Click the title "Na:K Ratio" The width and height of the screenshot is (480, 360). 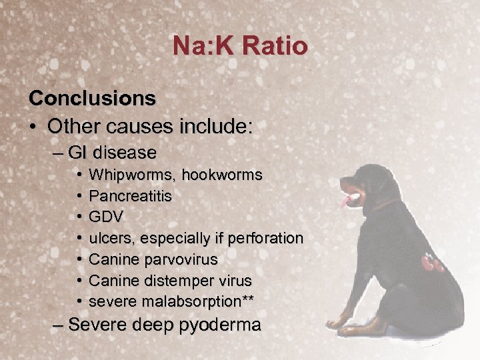point(240,46)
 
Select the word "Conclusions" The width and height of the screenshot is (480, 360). point(92,98)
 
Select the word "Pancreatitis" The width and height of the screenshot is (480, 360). point(130,197)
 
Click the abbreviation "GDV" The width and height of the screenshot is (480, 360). point(106,217)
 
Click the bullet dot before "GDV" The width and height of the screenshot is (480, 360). point(79,217)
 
